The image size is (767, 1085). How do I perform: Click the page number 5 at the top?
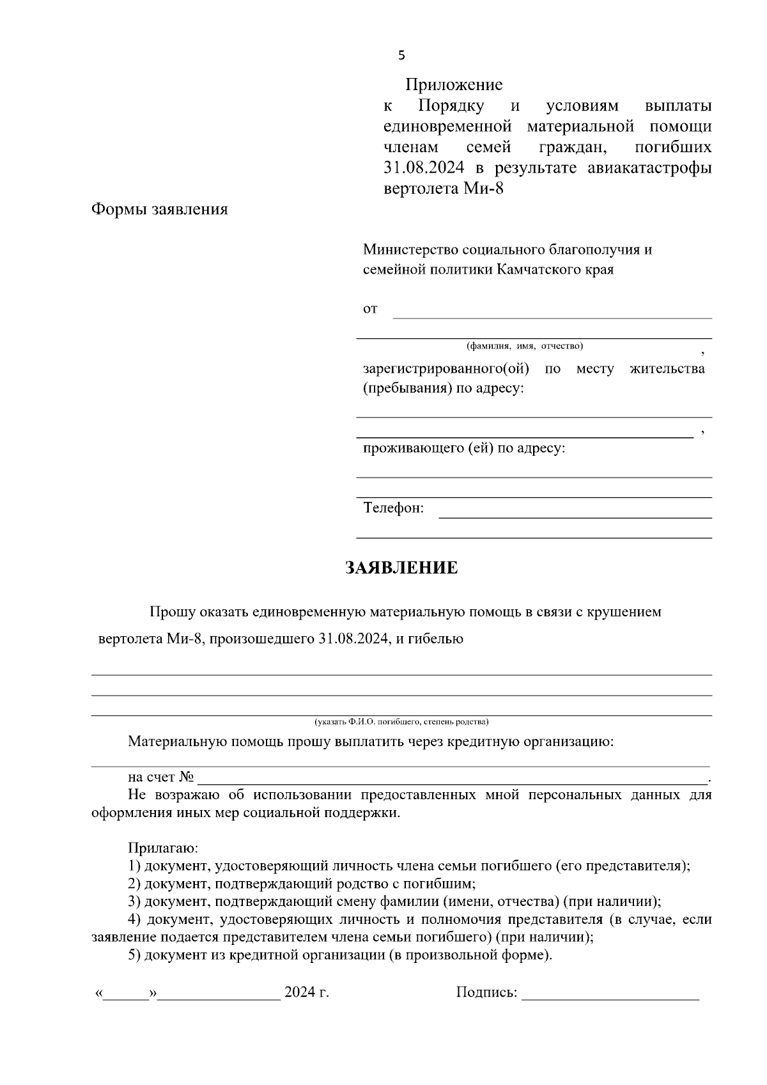click(401, 56)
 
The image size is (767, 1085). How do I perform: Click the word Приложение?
click(454, 85)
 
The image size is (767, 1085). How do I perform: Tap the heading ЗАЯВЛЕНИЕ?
click(401, 568)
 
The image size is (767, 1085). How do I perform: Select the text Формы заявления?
click(160, 209)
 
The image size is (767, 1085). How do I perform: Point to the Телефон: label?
click(393, 508)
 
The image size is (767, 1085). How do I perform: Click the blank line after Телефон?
click(575, 516)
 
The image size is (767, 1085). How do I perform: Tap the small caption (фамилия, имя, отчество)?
click(525, 346)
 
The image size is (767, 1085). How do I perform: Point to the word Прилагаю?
click(163, 848)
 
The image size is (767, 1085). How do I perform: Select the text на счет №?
click(161, 777)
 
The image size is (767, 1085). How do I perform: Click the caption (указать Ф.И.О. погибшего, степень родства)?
click(401, 722)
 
